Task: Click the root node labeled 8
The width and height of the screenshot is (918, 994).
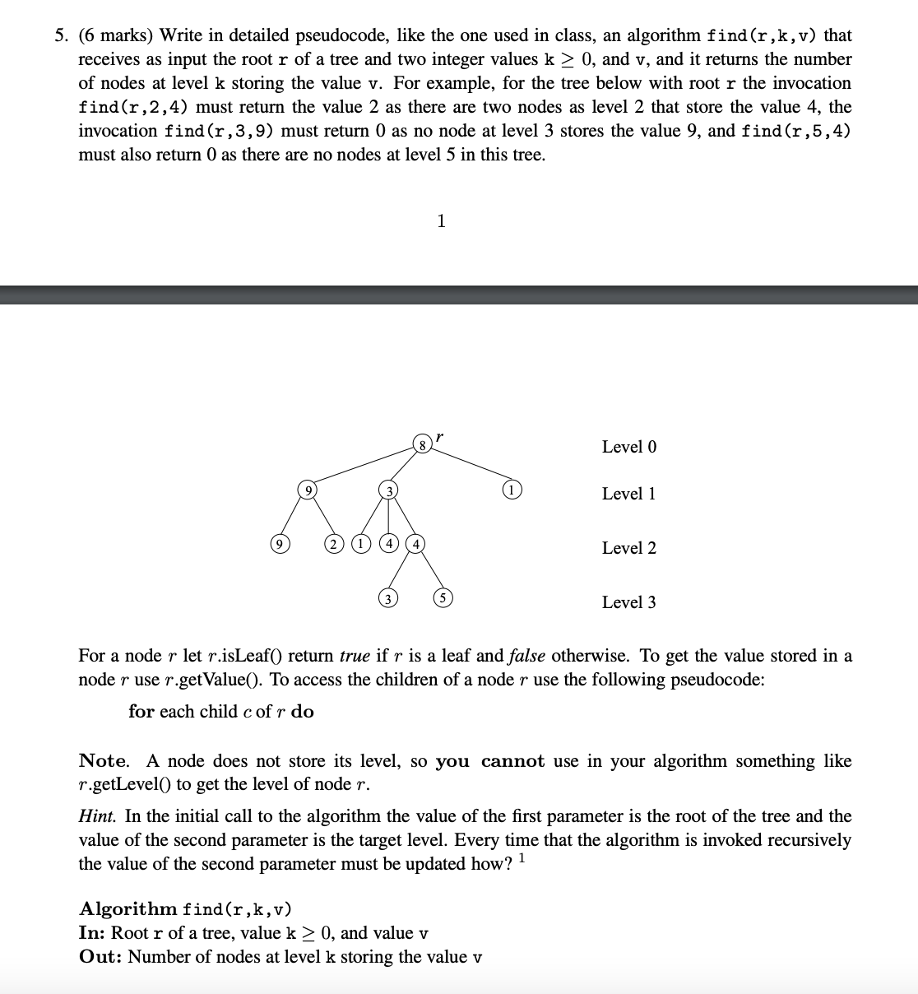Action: coord(422,445)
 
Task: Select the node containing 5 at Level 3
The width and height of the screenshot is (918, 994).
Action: coord(442,598)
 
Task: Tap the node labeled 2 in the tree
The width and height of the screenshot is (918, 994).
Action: coord(333,544)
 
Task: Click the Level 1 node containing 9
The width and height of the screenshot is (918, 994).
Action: coord(308,491)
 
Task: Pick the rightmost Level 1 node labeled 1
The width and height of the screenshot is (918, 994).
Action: coord(511,491)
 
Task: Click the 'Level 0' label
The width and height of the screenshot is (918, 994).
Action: coord(628,447)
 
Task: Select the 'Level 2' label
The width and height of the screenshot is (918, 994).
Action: coord(628,548)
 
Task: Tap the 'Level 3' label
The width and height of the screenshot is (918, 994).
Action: coord(628,602)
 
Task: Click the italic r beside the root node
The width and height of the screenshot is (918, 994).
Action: coord(440,436)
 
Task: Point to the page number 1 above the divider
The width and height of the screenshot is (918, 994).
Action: coord(442,221)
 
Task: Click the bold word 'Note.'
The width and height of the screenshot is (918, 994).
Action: coord(104,761)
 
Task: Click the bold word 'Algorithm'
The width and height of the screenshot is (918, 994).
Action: coord(128,909)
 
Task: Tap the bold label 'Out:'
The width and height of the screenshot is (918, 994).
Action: coord(100,957)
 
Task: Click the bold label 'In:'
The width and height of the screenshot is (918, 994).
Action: coord(92,933)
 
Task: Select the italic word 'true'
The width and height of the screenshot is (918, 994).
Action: coord(354,657)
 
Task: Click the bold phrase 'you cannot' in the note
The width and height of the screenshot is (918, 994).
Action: coord(489,761)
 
